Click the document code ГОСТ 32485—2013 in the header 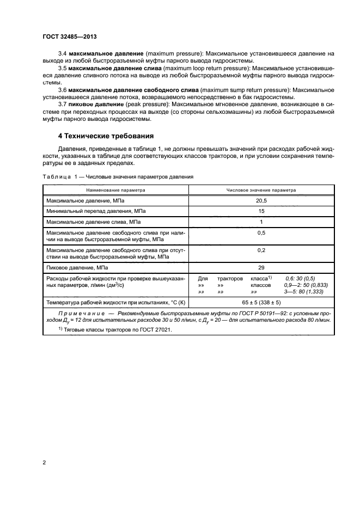[x=66, y=36]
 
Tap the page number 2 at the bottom [x=45, y=463]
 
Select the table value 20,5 [x=261, y=200]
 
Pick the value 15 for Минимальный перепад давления [x=261, y=211]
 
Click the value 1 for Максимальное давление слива [x=261, y=222]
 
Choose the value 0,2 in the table [x=261, y=250]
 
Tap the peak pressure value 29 [x=261, y=268]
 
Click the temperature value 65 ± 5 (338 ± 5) [x=261, y=301]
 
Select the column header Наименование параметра [x=115, y=191]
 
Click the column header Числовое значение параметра [x=261, y=191]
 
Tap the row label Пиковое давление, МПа [x=77, y=268]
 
